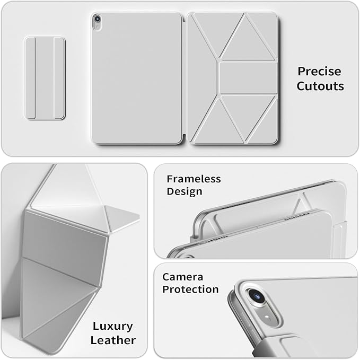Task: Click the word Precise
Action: pyautogui.click(x=319, y=72)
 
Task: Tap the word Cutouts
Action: pyautogui.click(x=320, y=86)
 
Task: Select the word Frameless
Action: pyautogui.click(x=194, y=179)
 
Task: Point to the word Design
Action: pyautogui.click(x=185, y=191)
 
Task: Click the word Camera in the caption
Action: pyautogui.click(x=183, y=277)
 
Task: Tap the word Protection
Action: pyautogui.click(x=190, y=289)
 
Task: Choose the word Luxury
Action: pyautogui.click(x=113, y=326)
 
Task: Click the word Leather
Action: pyautogui.click(x=113, y=340)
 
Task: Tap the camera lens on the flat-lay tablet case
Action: pyautogui.click(x=97, y=19)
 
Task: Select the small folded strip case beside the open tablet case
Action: pyautogui.click(x=45, y=78)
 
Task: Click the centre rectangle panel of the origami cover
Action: pyautogui.click(x=248, y=78)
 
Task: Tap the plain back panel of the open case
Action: pyautogui.click(x=137, y=78)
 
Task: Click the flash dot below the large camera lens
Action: pyautogui.click(x=267, y=317)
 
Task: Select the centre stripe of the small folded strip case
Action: pyautogui.click(x=45, y=78)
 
